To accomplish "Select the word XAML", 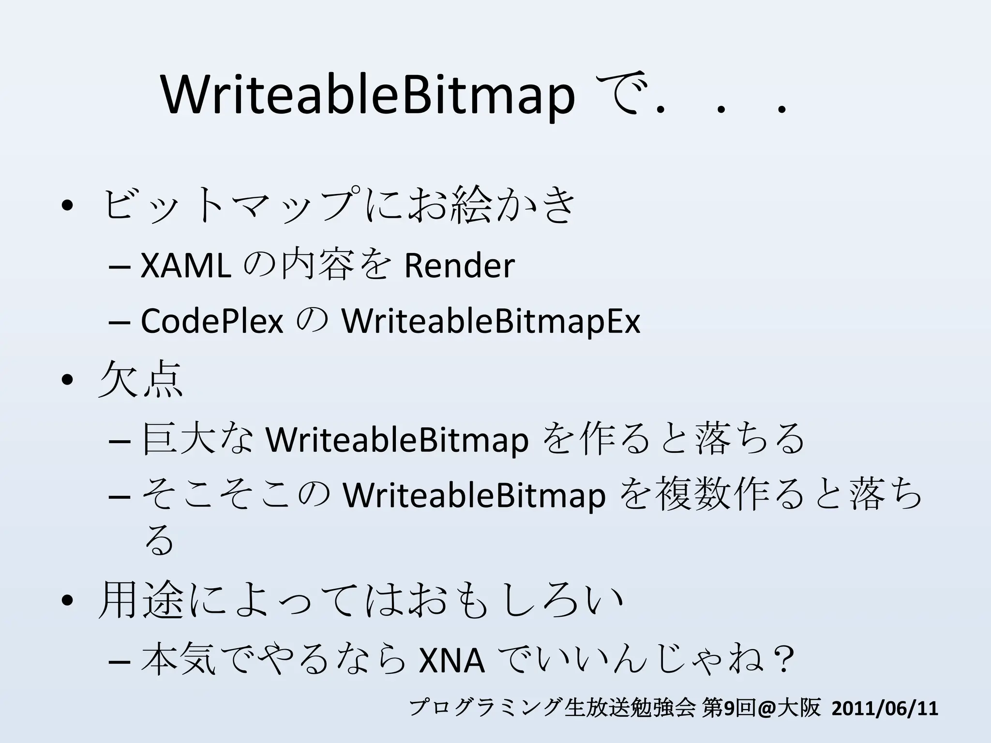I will point(185,266).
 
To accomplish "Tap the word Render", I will point(459,266).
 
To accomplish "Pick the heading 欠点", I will point(140,380).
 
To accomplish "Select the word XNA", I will point(451,661).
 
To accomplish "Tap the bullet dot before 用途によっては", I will point(67,601).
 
